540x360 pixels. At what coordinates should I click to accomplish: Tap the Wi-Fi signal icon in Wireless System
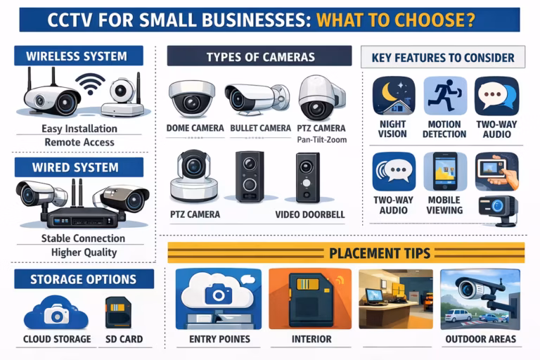point(90,84)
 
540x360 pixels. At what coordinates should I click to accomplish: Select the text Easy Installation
point(79,129)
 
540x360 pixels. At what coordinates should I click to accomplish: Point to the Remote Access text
point(79,142)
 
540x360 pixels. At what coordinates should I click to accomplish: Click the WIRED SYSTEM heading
point(75,167)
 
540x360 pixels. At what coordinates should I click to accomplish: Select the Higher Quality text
point(84,252)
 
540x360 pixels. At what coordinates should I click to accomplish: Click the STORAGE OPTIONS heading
point(84,279)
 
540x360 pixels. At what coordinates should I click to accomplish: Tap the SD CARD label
point(124,339)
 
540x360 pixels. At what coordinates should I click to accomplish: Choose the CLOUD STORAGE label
point(57,339)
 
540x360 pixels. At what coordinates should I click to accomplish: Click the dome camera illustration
point(191,99)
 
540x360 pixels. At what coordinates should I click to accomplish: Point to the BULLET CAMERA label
point(260,128)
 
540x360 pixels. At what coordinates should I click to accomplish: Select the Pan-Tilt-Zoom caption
point(321,140)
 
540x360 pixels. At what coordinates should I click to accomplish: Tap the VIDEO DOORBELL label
point(310,214)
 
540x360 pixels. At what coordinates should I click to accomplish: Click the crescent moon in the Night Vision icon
point(390,91)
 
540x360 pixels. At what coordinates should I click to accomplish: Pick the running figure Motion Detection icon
point(445,96)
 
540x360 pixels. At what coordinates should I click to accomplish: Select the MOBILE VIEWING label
point(444,205)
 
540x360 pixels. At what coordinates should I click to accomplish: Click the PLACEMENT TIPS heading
point(380,254)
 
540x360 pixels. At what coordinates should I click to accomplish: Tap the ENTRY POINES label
point(219,339)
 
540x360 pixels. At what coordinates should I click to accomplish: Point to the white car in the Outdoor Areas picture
point(458,315)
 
